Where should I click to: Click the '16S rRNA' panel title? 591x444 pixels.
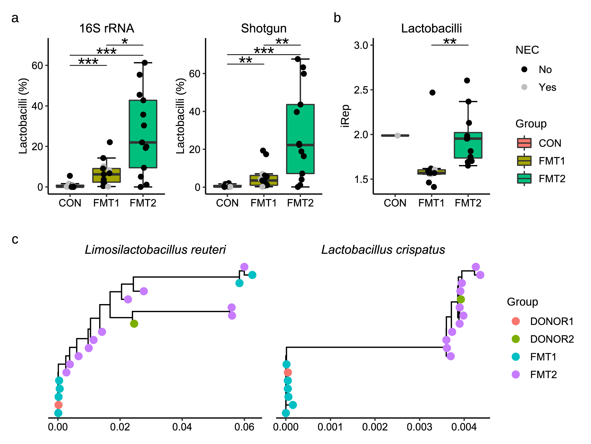pyautogui.click(x=107, y=28)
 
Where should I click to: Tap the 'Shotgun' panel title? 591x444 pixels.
pyautogui.click(x=264, y=28)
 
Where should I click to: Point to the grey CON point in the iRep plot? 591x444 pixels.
pyautogui.click(x=398, y=135)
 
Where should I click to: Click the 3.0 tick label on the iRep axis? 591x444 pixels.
pyautogui.click(x=361, y=45)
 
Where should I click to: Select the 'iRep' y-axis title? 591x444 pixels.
pyautogui.click(x=345, y=116)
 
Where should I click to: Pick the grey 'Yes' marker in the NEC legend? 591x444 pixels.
pyautogui.click(x=524, y=87)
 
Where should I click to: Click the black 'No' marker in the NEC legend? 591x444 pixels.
pyautogui.click(x=524, y=69)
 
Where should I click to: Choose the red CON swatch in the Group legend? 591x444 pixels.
pyautogui.click(x=524, y=143)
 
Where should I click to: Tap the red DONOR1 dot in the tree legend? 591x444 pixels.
pyautogui.click(x=516, y=321)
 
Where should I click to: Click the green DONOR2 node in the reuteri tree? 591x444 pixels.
pyautogui.click(x=134, y=324)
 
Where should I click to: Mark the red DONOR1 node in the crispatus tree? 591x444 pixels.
pyautogui.click(x=288, y=372)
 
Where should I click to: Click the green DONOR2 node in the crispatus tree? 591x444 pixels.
pyautogui.click(x=461, y=299)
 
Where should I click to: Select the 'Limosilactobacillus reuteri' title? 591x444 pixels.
pyautogui.click(x=155, y=250)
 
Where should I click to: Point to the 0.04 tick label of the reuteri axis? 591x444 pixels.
pyautogui.click(x=182, y=427)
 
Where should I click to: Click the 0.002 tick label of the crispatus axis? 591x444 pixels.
pyautogui.click(x=375, y=427)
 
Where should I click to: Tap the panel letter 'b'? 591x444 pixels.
pyautogui.click(x=337, y=18)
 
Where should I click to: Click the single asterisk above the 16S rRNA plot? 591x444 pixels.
pyautogui.click(x=125, y=42)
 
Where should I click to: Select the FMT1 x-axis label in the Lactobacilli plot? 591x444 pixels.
pyautogui.click(x=431, y=203)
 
